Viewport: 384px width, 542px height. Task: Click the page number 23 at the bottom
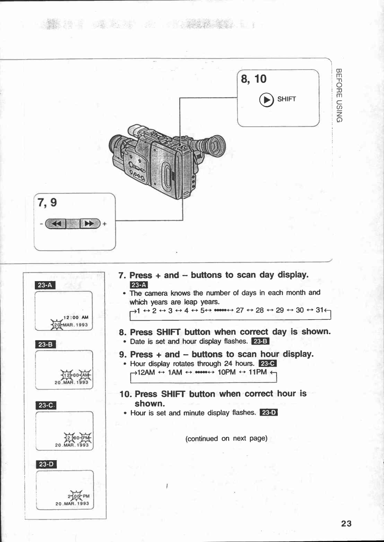pyautogui.click(x=346, y=523)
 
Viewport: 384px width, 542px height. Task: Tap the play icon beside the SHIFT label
pyautogui.click(x=266, y=100)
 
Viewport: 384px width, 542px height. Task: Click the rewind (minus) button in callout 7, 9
pyautogui.click(x=56, y=223)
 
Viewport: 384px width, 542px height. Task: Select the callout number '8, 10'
pyautogui.click(x=254, y=79)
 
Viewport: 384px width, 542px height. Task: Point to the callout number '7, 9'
pyautogui.click(x=47, y=202)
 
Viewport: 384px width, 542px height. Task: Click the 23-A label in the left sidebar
pyautogui.click(x=45, y=285)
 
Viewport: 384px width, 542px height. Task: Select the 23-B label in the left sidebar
pyautogui.click(x=46, y=344)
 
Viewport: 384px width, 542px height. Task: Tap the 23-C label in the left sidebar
pyautogui.click(x=46, y=405)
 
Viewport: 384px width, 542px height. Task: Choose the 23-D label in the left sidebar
pyautogui.click(x=47, y=464)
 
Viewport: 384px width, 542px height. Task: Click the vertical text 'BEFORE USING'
pyautogui.click(x=339, y=95)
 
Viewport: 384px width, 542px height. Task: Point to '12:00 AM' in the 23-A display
pyautogui.click(x=76, y=317)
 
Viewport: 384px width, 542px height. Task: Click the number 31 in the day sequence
pyautogui.click(x=319, y=310)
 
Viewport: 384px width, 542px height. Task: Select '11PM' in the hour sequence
pyautogui.click(x=257, y=372)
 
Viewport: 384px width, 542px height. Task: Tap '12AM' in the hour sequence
pyautogui.click(x=146, y=372)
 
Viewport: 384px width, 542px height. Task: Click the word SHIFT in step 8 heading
pyautogui.click(x=169, y=332)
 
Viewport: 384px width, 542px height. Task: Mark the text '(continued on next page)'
pyautogui.click(x=226, y=438)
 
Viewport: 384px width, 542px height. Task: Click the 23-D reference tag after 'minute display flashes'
pyautogui.click(x=269, y=412)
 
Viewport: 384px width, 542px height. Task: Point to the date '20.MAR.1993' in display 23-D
pyautogui.click(x=72, y=504)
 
